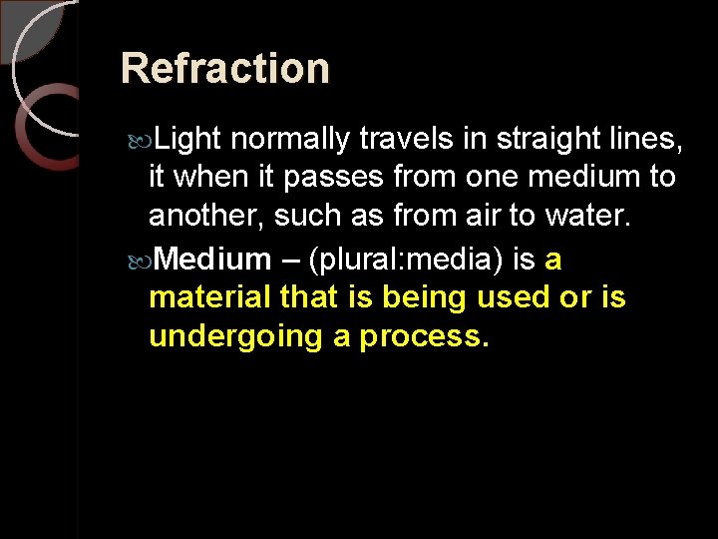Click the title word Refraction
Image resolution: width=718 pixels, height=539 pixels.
(x=224, y=69)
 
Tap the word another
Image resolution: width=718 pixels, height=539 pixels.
(x=205, y=217)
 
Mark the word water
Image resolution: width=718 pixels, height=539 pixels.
(x=593, y=217)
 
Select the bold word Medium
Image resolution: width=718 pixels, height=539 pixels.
(x=213, y=260)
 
